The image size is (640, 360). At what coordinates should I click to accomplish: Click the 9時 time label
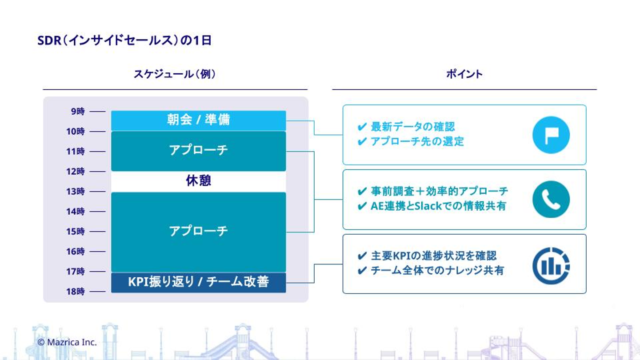[78, 112]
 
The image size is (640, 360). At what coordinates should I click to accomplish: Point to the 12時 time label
[76, 172]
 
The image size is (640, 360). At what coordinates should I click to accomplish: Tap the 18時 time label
[76, 292]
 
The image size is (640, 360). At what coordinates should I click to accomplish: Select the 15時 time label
[76, 232]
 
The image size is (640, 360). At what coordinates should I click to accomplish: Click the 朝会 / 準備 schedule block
[198, 120]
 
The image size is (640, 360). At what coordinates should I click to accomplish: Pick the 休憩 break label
[198, 181]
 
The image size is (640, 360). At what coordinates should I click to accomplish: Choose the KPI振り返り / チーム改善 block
[198, 282]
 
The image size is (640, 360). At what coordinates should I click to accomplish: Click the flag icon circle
[551, 135]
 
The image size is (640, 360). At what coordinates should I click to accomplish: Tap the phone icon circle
[551, 200]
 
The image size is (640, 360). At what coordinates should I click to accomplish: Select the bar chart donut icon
[551, 266]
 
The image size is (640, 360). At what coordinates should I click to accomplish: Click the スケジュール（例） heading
[175, 74]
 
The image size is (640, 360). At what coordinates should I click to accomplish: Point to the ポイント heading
[464, 74]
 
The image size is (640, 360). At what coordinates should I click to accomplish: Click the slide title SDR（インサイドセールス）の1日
[124, 41]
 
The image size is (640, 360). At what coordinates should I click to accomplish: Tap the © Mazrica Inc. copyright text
[67, 342]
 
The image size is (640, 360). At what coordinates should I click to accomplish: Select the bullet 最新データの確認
[413, 127]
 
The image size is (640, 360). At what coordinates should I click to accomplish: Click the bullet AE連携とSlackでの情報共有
[438, 206]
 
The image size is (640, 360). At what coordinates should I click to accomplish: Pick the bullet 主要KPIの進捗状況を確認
[434, 256]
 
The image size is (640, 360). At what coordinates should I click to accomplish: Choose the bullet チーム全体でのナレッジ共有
[437, 270]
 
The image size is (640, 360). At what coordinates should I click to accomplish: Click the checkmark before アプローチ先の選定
[362, 142]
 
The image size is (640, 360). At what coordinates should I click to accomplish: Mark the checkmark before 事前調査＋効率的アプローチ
[362, 192]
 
